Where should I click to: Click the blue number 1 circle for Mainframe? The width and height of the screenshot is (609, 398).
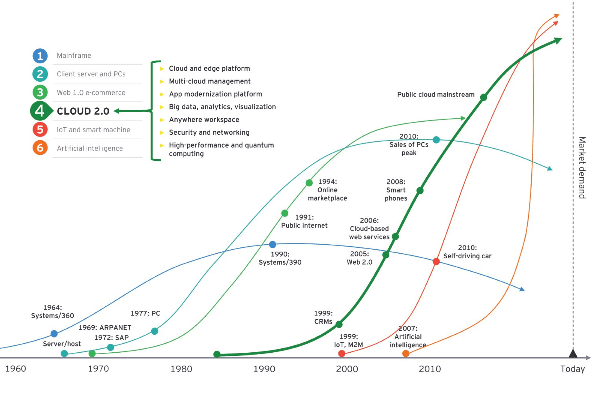click(40, 56)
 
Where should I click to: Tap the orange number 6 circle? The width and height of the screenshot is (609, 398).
click(40, 148)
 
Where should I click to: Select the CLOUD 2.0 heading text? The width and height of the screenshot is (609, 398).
click(83, 111)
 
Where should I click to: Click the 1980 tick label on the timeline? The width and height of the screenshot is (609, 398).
click(181, 369)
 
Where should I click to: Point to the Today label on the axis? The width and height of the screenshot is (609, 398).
click(572, 369)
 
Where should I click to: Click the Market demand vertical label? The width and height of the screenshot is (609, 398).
click(582, 168)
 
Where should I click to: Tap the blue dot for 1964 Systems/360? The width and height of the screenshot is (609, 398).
click(54, 334)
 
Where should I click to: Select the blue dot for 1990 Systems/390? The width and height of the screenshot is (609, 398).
click(272, 245)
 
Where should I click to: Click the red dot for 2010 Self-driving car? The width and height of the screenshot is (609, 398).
click(436, 261)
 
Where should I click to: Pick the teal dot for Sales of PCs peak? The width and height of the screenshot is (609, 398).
click(436, 140)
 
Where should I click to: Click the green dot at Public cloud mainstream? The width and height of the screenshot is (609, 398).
click(483, 97)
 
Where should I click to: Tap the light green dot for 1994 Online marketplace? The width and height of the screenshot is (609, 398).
click(309, 183)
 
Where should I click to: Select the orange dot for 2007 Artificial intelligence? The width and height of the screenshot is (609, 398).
click(406, 353)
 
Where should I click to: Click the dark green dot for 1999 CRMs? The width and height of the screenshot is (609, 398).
click(339, 324)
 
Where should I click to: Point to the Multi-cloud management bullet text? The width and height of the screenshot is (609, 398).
click(210, 81)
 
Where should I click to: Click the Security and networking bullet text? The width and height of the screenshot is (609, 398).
click(209, 133)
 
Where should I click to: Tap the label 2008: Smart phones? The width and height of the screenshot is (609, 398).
click(396, 190)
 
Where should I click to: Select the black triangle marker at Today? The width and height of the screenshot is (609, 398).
click(573, 353)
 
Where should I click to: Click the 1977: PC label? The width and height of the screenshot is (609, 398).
click(145, 313)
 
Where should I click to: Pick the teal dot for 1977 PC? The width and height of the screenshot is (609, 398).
click(154, 331)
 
